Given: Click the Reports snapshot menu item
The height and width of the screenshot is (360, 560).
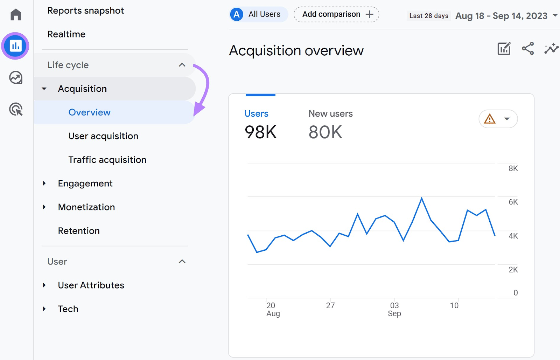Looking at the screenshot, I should click(x=85, y=11).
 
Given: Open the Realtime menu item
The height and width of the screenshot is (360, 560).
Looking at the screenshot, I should click(x=66, y=34).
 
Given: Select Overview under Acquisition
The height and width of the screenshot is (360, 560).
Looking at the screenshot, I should click(x=89, y=112).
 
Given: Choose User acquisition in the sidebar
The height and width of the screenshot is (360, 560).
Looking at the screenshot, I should click(x=103, y=136).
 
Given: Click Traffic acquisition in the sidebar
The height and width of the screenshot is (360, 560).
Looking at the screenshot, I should click(x=107, y=160).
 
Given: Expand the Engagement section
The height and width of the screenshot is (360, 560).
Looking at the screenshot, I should click(x=85, y=184).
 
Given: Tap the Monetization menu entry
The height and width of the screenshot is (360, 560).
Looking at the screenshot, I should click(x=86, y=207).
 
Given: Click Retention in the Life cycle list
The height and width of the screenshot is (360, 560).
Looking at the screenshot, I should click(x=79, y=231).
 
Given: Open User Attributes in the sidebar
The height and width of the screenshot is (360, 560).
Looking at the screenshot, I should click(x=91, y=285).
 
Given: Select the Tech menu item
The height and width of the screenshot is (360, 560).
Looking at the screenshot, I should click(x=68, y=309).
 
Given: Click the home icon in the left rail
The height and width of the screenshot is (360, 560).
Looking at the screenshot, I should click(x=16, y=15).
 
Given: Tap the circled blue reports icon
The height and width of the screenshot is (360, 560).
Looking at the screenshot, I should click(x=15, y=46).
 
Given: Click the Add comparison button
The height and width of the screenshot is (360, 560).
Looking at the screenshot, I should click(x=336, y=14).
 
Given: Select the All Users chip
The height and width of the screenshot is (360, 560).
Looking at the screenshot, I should click(x=259, y=14).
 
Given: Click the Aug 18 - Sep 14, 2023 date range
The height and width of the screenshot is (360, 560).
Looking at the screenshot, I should click(x=501, y=16).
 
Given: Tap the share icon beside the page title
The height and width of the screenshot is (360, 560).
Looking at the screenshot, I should click(x=528, y=49).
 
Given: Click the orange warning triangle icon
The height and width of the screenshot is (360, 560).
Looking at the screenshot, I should click(x=489, y=119).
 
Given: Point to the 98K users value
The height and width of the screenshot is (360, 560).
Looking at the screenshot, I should click(x=260, y=132).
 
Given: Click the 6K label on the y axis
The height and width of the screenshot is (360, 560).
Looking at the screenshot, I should click(x=513, y=202).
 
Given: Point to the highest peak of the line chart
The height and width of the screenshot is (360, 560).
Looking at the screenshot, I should click(x=422, y=199).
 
